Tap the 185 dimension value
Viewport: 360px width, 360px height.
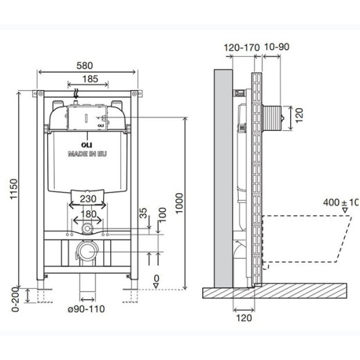click(89, 80)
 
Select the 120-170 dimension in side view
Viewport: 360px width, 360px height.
click(242, 48)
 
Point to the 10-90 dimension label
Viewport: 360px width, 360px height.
click(276, 48)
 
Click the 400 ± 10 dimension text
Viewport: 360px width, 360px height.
click(341, 203)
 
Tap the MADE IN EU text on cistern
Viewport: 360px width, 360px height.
click(87, 155)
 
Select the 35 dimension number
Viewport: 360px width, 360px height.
click(143, 215)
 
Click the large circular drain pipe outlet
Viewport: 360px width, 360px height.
click(87, 251)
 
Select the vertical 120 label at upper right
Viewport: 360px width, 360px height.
click(300, 114)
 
